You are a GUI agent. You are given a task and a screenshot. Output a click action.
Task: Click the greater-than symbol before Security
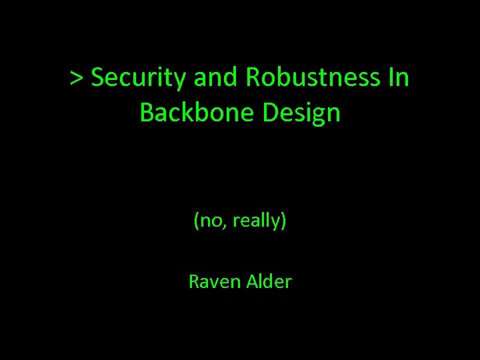click(x=77, y=79)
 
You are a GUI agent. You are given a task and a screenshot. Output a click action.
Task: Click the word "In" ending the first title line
click(x=398, y=79)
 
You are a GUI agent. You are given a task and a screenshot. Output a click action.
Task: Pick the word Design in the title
click(x=302, y=113)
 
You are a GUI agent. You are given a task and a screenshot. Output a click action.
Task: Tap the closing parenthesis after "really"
click(x=284, y=221)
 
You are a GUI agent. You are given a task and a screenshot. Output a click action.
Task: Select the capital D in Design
click(x=270, y=113)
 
